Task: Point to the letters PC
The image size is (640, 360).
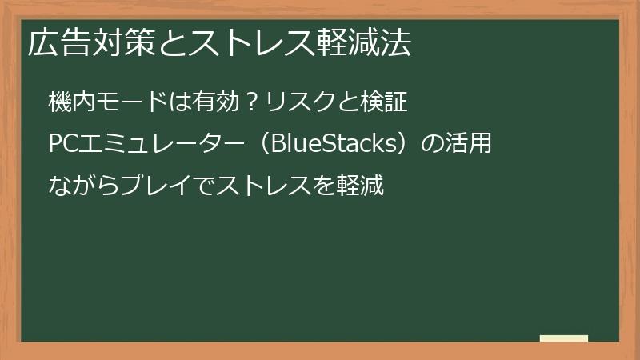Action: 62,146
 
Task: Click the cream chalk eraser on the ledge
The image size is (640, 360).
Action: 563,338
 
